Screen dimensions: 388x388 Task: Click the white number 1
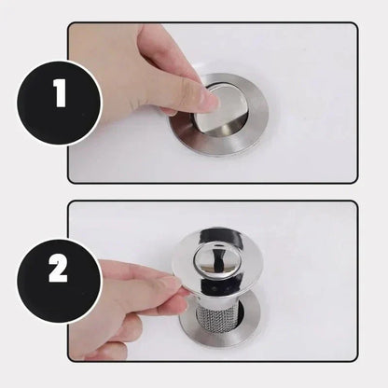pyautogui.click(x=61, y=93)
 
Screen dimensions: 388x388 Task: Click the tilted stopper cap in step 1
pyautogui.click(x=221, y=109)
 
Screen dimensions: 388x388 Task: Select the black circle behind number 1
pyautogui.click(x=60, y=103)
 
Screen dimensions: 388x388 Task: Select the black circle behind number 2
pyautogui.click(x=60, y=282)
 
